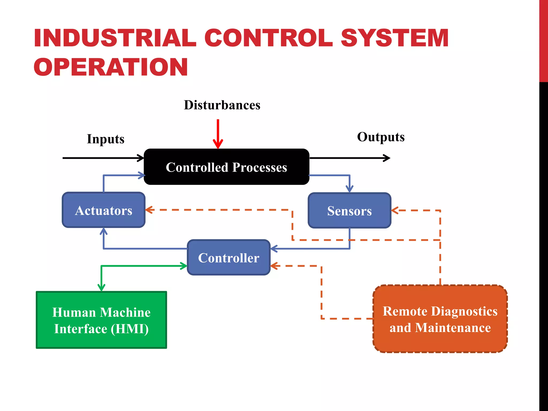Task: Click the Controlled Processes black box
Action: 226,167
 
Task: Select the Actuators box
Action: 104,210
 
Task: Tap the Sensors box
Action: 349,211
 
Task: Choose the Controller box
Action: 229,258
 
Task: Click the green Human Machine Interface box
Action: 101,320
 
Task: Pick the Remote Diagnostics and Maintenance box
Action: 440,319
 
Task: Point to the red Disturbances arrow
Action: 218,134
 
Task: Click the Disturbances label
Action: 222,105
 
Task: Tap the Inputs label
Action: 105,139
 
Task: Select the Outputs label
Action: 380,137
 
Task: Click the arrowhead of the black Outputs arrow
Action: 387,158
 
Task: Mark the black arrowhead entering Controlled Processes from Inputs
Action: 141,158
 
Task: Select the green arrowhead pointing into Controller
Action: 184,266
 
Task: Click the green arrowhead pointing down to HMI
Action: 101,288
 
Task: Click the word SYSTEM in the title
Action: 394,38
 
